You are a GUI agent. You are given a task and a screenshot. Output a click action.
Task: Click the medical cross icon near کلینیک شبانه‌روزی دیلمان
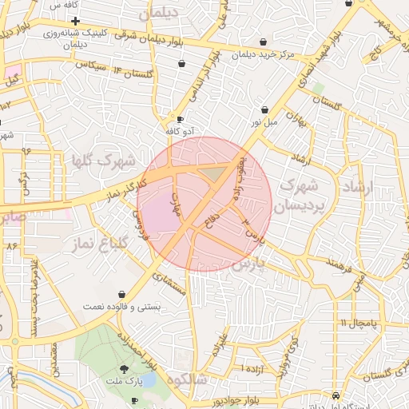(75, 21)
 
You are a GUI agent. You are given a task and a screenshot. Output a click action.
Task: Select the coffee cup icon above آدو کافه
(179, 118)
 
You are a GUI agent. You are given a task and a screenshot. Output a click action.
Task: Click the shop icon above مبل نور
(264, 110)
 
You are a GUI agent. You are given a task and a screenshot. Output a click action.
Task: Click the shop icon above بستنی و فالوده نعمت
(121, 294)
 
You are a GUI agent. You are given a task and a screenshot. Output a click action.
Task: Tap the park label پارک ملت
(123, 381)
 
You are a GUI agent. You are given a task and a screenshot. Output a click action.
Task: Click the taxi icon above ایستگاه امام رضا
(335, 395)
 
